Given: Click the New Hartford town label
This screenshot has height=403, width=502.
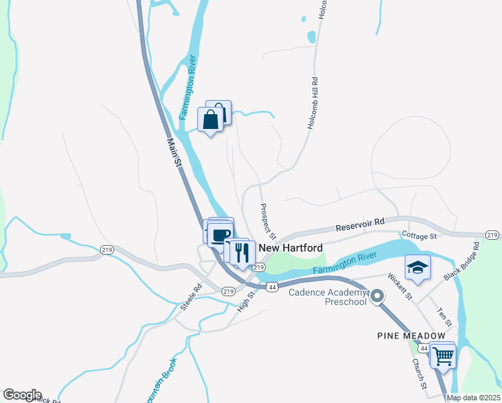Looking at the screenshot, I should point(291,248).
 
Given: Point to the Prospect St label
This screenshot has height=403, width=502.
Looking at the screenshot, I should point(268,221).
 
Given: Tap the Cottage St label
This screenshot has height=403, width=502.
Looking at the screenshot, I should point(419,236).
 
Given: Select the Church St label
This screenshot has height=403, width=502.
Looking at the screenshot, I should point(419,373).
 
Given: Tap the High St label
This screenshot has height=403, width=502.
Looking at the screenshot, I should point(247,299).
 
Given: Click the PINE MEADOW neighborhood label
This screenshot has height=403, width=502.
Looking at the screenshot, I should point(411,335).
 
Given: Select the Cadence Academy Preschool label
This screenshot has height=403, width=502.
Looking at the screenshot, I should point(328,296).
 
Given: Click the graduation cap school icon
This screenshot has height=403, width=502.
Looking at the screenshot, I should point(417,267).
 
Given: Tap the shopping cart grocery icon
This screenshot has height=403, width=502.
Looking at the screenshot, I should point(443,356).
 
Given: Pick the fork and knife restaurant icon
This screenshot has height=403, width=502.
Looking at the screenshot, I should point(243,253).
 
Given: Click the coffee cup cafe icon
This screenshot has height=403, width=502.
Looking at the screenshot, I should point(220,234).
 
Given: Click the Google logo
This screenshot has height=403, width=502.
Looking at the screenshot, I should point(22,395).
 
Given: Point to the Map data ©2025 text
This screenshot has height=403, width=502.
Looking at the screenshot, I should point(473,398).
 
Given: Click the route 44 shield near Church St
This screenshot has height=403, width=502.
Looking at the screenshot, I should point(423,349).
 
